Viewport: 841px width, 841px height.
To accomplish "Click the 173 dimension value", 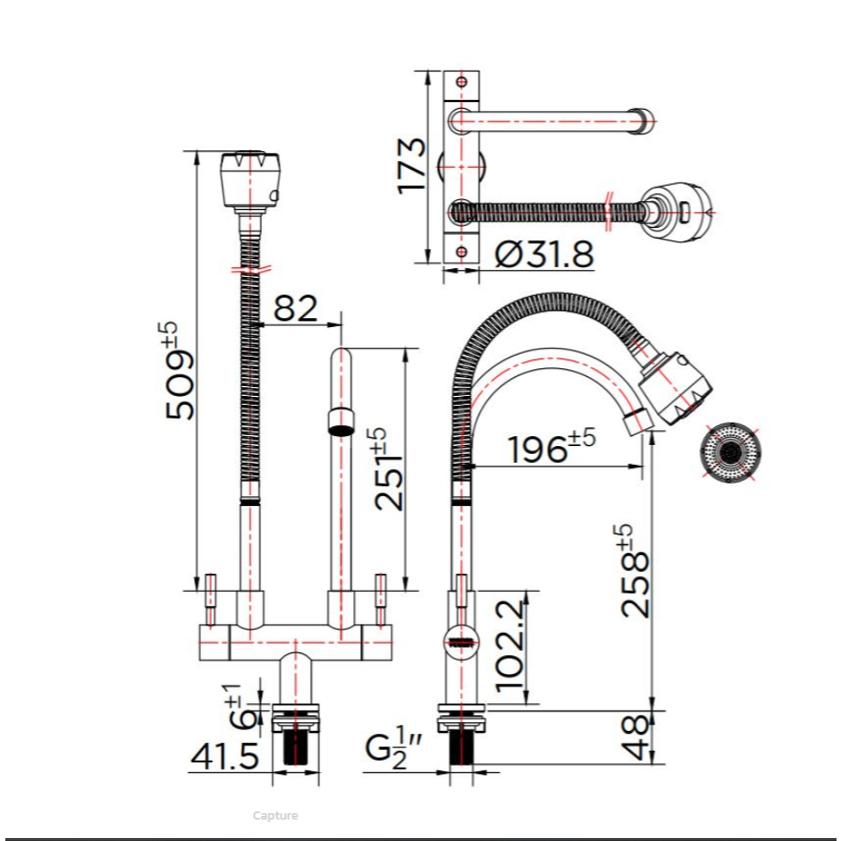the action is tap(411, 165).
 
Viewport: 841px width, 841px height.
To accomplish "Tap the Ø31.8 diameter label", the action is tap(544, 254).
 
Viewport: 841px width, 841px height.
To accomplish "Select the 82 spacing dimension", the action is tap(296, 308).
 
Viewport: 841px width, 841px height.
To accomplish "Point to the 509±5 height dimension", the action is tap(179, 370).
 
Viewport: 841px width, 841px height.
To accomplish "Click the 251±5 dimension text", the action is tap(387, 468).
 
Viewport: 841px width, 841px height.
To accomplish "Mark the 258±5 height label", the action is tap(634, 571).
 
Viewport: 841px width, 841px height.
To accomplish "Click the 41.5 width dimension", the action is tap(225, 756).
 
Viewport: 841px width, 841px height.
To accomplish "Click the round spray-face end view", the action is tap(730, 451).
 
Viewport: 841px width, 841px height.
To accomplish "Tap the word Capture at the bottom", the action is tap(275, 815).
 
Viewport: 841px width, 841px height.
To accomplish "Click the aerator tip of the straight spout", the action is tap(341, 422).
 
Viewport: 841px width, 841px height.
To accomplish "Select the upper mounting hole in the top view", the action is tap(462, 82).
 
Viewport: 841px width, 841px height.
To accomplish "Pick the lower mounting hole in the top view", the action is tap(461, 251).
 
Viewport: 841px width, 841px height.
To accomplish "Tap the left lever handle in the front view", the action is tap(211, 600).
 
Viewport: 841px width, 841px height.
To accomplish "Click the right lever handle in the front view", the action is tap(381, 600).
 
